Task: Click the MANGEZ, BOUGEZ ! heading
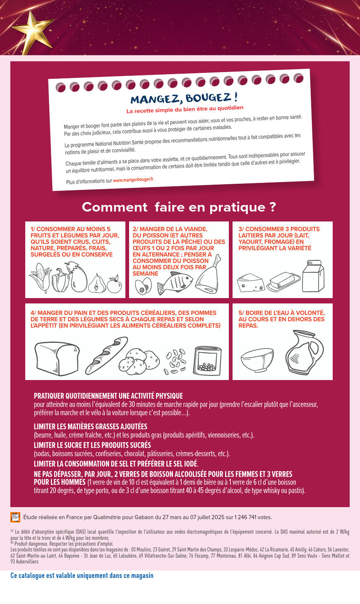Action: (184, 98)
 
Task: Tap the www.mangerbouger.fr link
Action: (133, 180)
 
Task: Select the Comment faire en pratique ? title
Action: (179, 207)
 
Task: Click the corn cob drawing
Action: (40, 278)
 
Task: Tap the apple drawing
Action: (115, 284)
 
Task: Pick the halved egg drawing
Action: (143, 286)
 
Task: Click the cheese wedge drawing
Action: (251, 283)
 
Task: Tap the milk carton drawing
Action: (313, 276)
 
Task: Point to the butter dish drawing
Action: (283, 282)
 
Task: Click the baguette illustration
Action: (107, 355)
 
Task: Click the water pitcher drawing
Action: (305, 352)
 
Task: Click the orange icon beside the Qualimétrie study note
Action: (15, 517)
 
